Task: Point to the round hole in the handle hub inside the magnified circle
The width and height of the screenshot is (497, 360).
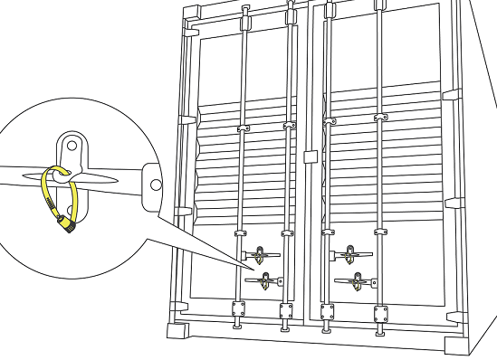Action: click(156, 184)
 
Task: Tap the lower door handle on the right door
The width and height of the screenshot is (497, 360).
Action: click(353, 281)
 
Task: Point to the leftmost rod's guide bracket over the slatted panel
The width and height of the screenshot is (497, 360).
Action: click(242, 130)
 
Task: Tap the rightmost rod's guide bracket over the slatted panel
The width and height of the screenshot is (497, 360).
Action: click(378, 118)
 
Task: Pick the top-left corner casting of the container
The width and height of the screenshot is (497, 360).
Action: click(186, 13)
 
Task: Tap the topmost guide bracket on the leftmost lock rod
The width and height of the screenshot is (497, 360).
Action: click(244, 15)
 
